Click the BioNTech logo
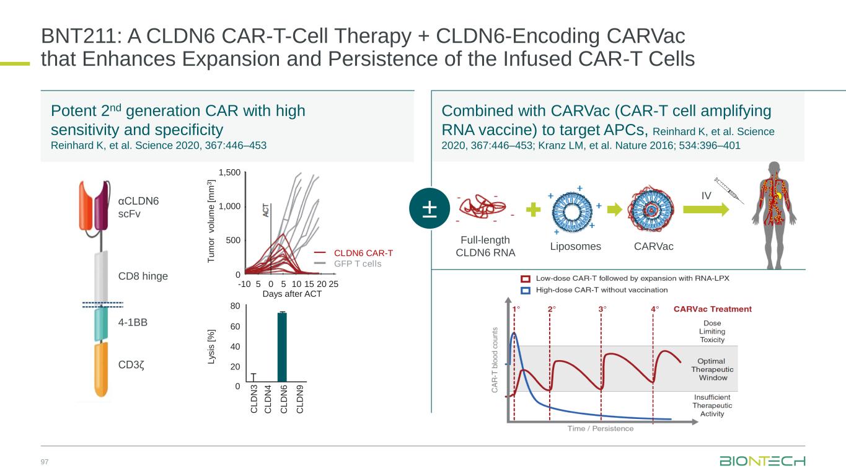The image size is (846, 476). pos(762,462)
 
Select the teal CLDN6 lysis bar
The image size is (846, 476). pos(282,347)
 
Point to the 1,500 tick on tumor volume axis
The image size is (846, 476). pos(228,172)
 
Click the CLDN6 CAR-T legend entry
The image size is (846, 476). pos(363,253)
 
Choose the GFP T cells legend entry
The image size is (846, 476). pos(358,263)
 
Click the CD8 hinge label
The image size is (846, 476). pos(143,276)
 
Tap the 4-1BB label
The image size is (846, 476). pos(132,322)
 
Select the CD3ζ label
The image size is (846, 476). pos(131,364)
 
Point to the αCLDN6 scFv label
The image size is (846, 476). pos(138,206)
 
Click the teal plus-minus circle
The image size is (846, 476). pos(429,208)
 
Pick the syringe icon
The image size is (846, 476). pos(728,188)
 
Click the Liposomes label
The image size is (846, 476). pos(576,246)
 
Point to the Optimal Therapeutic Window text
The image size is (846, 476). pos(708,369)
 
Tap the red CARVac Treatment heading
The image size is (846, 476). pos(712,309)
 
